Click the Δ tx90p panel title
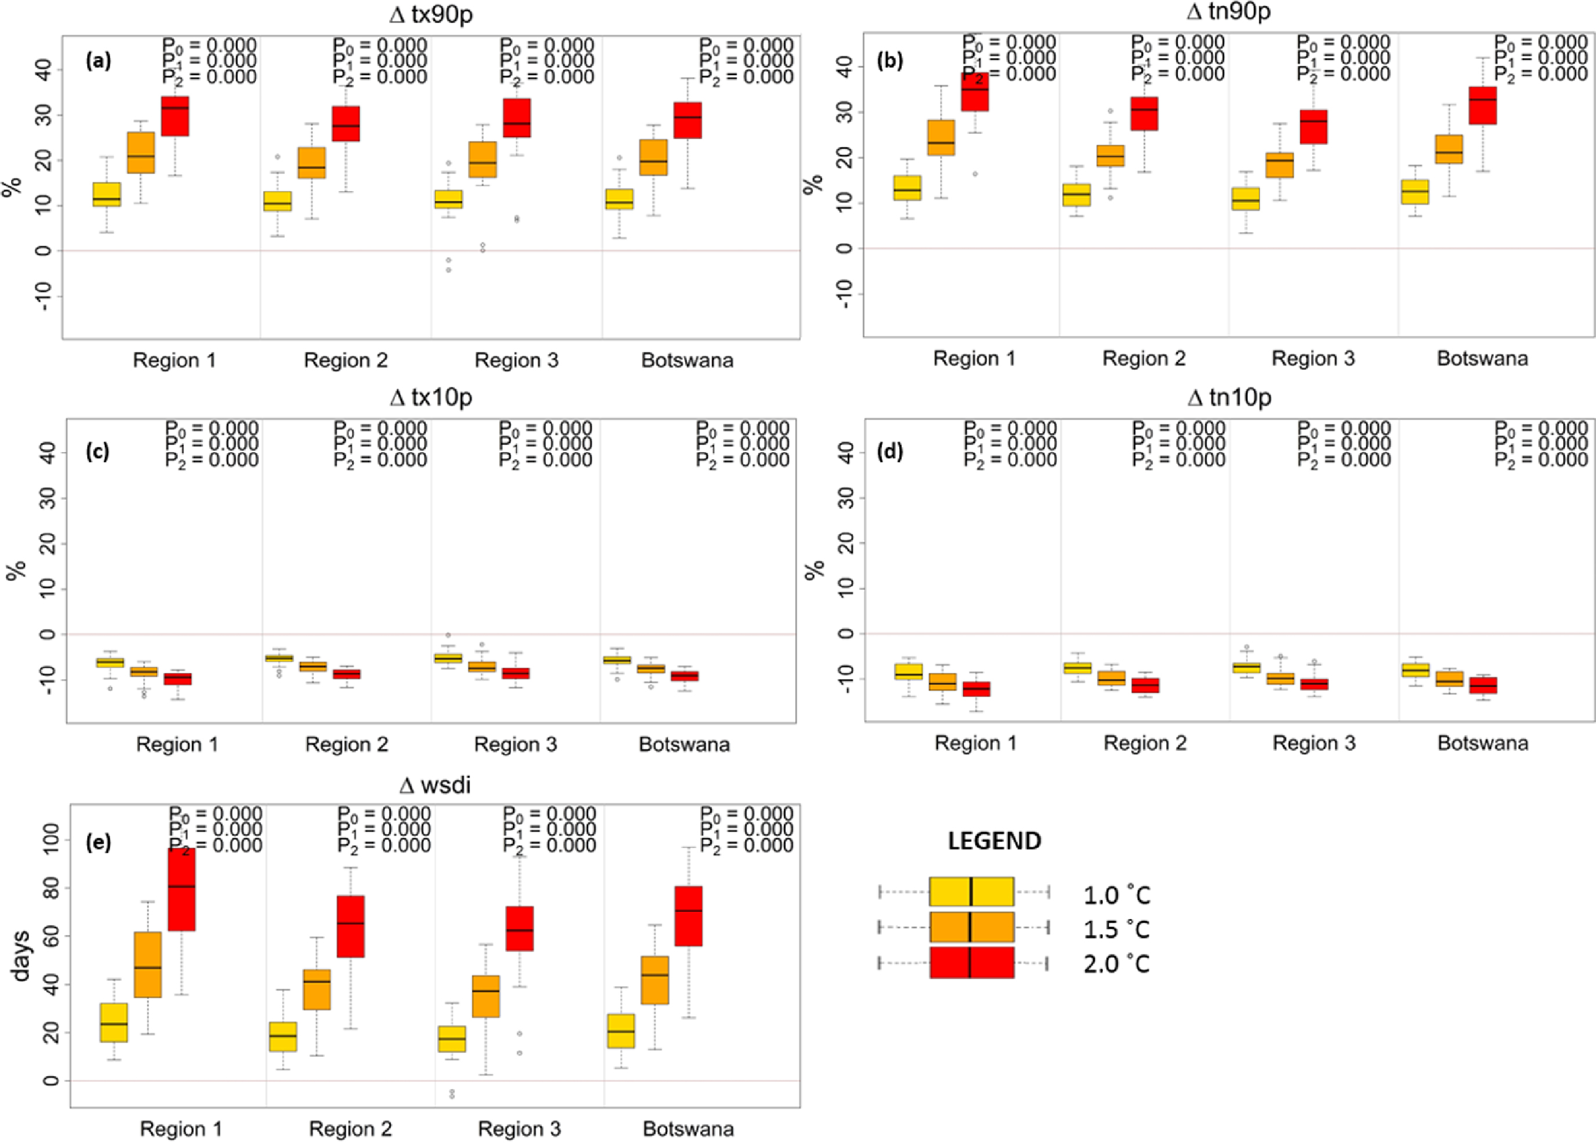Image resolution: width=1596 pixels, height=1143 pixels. pyautogui.click(x=431, y=14)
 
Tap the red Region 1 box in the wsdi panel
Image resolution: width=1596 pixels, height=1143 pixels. pyautogui.click(x=181, y=889)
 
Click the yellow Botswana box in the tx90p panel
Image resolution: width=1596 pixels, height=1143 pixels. pyautogui.click(x=619, y=199)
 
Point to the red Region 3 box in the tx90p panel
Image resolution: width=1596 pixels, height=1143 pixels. pyautogui.click(x=517, y=117)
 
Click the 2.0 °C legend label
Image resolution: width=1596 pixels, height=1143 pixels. pyautogui.click(x=1116, y=963)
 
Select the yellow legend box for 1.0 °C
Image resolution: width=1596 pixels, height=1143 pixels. pyautogui.click(x=971, y=892)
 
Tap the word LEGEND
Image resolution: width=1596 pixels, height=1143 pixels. pyautogui.click(x=994, y=841)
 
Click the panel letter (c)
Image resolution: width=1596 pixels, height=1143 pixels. pyautogui.click(x=98, y=451)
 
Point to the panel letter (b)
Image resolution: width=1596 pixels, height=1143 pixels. pyautogui.click(x=890, y=60)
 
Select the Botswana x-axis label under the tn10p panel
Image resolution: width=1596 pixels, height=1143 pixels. pyautogui.click(x=1483, y=743)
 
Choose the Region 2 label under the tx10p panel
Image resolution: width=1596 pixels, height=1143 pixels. pyautogui.click(x=346, y=745)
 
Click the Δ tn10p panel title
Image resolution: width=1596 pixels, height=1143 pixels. pyautogui.click(x=1229, y=398)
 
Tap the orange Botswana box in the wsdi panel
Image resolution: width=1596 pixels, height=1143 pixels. pyautogui.click(x=655, y=980)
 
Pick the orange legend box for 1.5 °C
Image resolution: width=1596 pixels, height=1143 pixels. pyautogui.click(x=971, y=927)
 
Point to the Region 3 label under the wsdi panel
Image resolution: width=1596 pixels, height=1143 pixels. pyautogui.click(x=519, y=1129)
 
